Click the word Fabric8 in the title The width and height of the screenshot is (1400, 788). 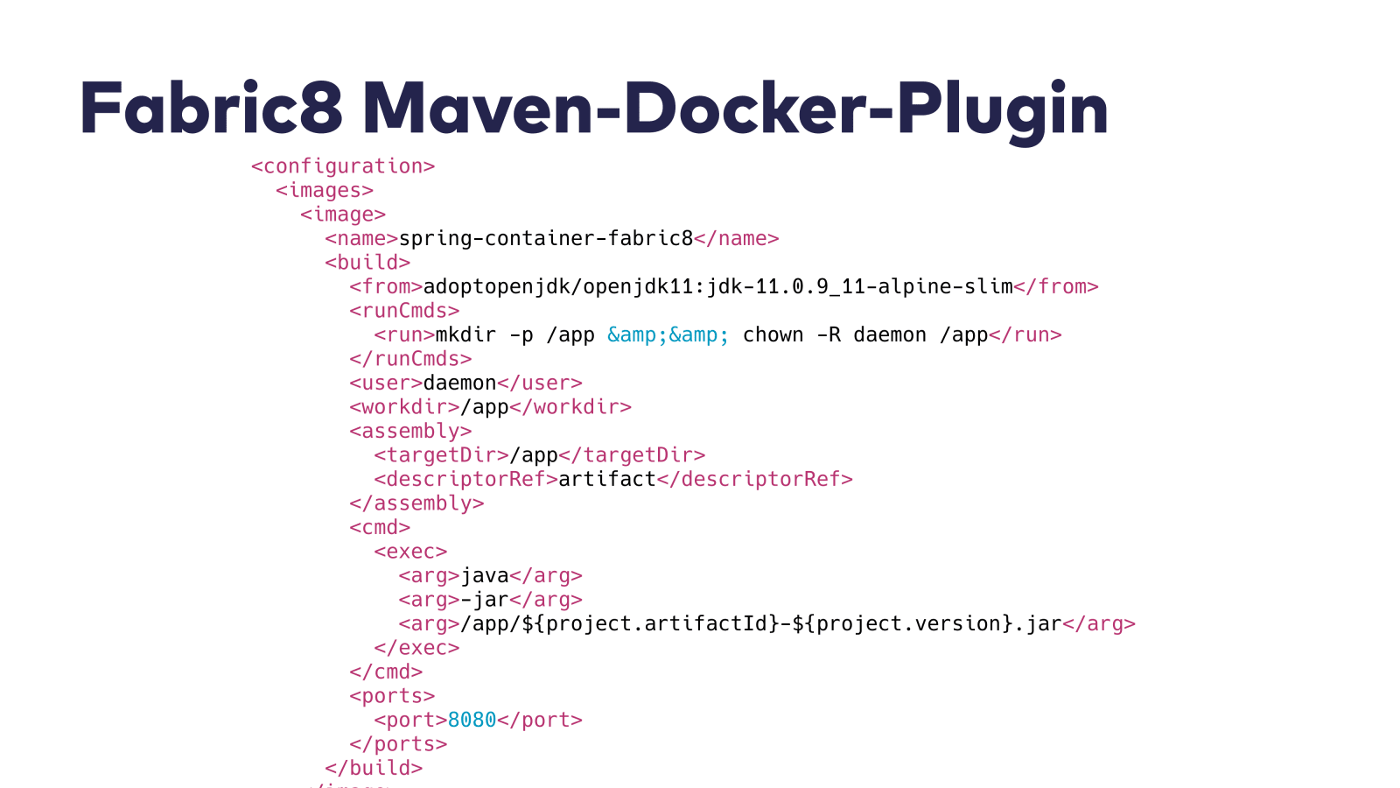click(210, 109)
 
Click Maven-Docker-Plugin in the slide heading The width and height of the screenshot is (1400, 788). click(735, 109)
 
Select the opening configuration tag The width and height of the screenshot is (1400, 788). click(343, 166)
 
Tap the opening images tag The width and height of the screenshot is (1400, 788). click(325, 190)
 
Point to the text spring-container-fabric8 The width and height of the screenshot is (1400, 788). click(546, 238)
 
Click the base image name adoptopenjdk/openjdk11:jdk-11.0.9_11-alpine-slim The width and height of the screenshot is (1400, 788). click(717, 286)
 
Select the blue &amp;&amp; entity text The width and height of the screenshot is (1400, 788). click(668, 334)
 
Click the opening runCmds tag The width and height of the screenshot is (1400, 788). click(404, 311)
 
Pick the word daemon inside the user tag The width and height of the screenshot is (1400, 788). click(459, 383)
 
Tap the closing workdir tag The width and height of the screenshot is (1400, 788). click(570, 407)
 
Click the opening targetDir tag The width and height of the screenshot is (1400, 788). click(441, 455)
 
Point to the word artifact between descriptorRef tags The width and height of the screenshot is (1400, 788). click(607, 479)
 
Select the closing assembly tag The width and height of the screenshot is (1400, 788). click(416, 503)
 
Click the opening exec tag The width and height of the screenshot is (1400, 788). click(410, 552)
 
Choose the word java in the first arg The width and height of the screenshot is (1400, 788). click(485, 575)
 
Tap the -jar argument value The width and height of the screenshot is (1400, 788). click(485, 600)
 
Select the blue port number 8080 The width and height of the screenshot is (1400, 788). click(472, 720)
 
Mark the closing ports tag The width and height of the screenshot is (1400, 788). click(398, 744)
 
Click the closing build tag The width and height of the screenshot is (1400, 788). click(374, 768)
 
